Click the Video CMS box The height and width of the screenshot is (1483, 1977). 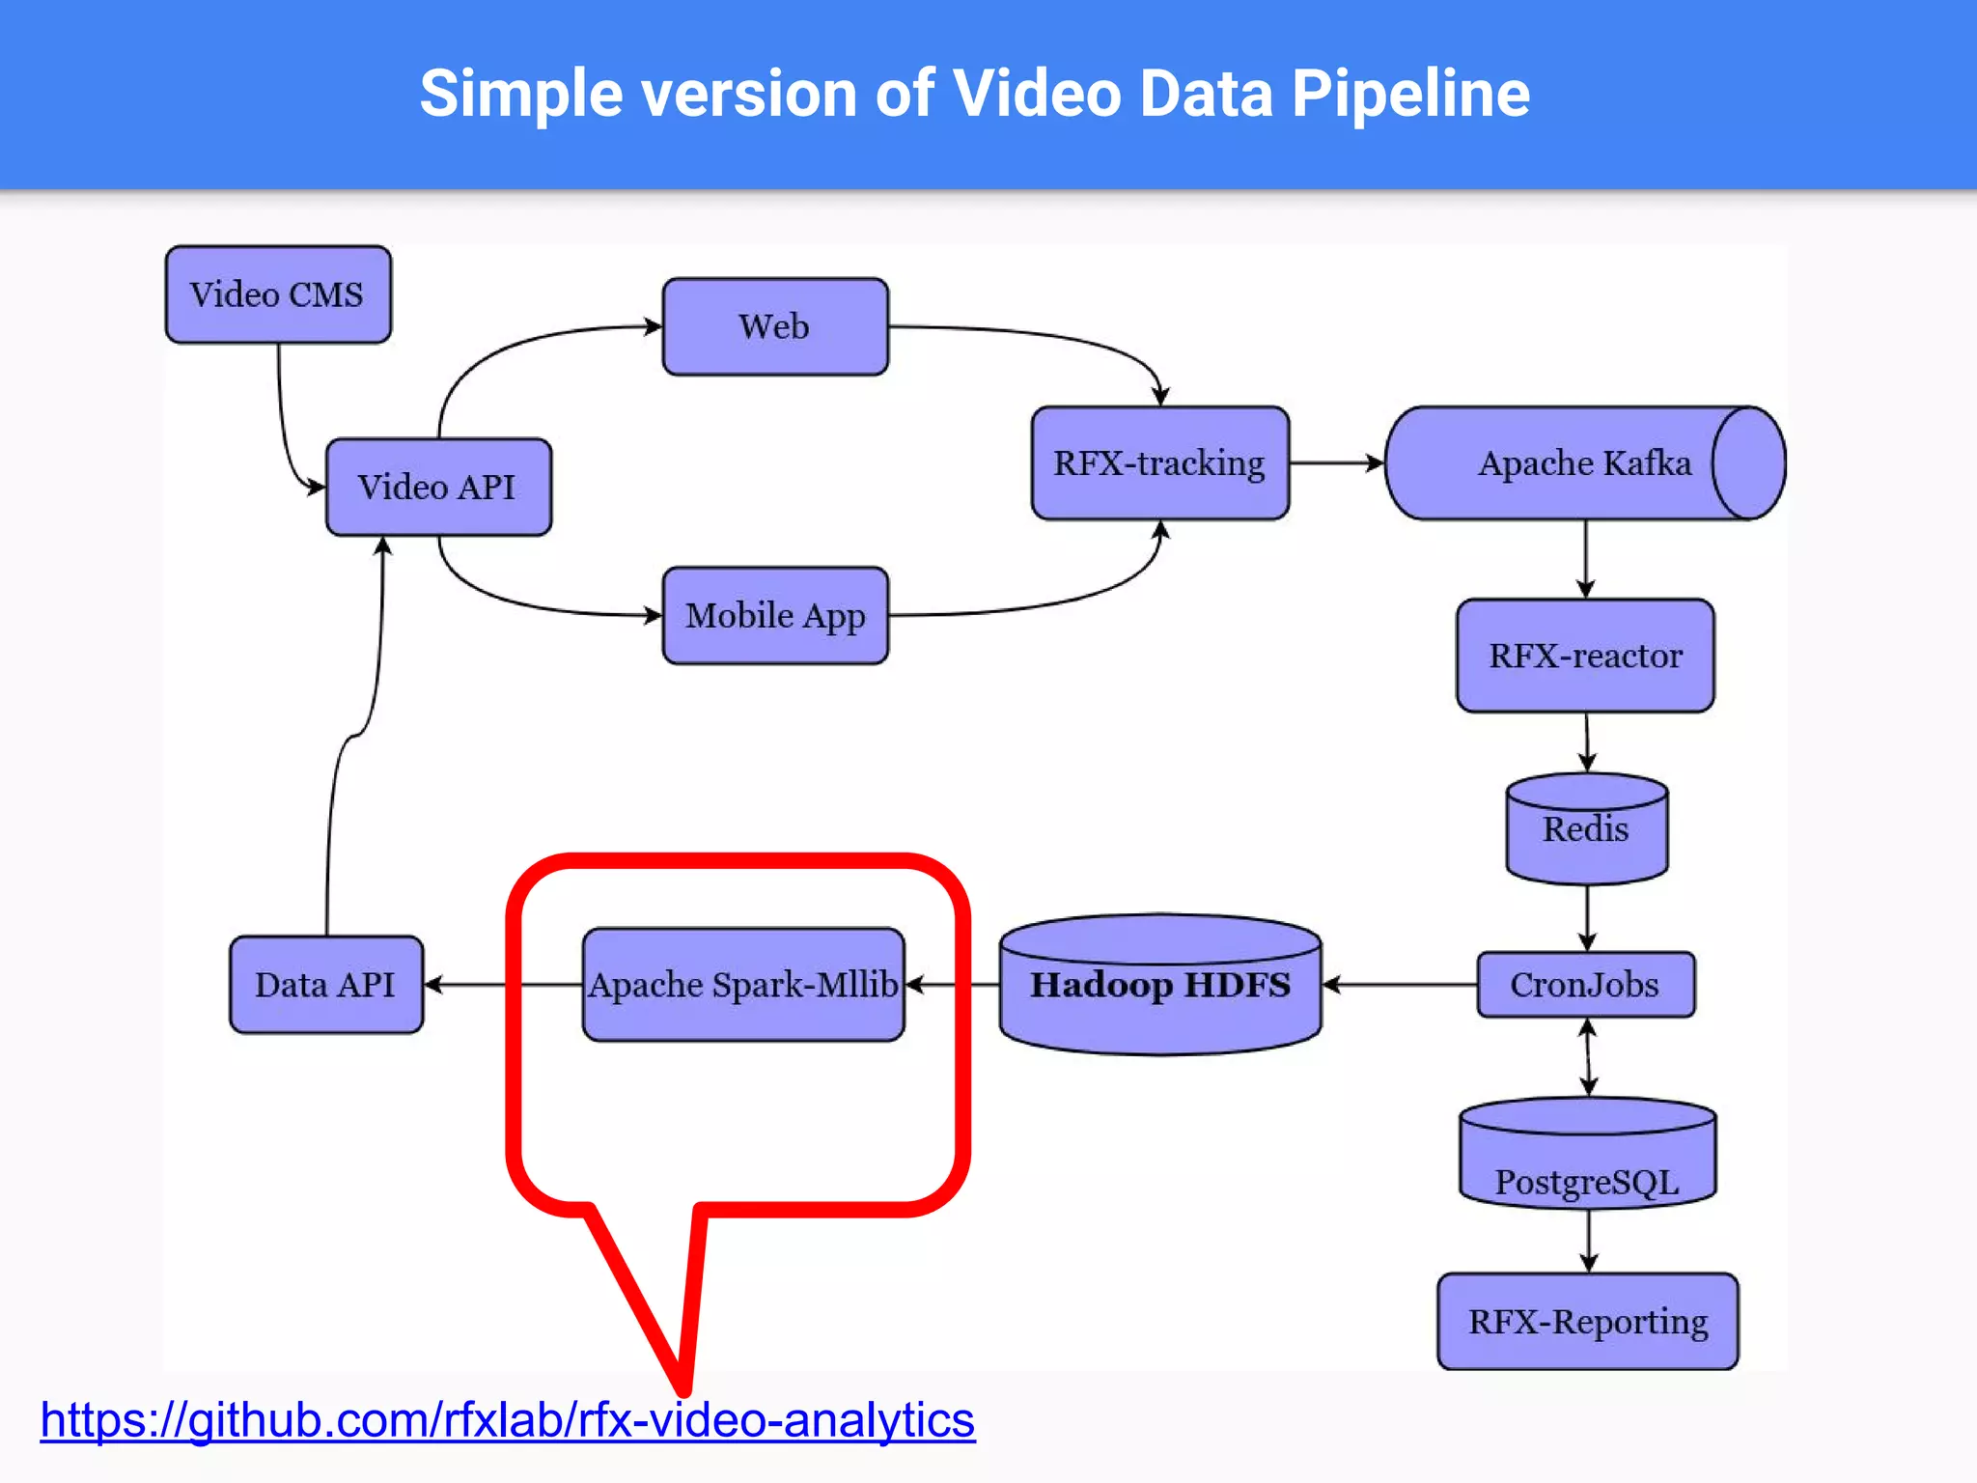click(x=278, y=294)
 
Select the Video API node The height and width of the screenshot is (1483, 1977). click(x=438, y=487)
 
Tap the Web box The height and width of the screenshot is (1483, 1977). click(x=775, y=326)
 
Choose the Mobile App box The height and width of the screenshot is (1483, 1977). click(x=775, y=615)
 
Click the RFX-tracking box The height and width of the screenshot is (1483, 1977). click(x=1159, y=463)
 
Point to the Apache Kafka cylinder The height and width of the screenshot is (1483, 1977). click(x=1583, y=463)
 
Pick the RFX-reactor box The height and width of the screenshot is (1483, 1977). click(x=1585, y=656)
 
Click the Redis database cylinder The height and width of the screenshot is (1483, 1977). click(x=1586, y=829)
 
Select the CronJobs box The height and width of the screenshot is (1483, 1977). click(x=1585, y=985)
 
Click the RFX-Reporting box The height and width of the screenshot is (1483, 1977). click(x=1587, y=1321)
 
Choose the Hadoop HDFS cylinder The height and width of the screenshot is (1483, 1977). click(x=1159, y=985)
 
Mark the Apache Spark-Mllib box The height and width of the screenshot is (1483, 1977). click(x=743, y=985)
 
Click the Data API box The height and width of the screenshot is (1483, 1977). click(x=325, y=985)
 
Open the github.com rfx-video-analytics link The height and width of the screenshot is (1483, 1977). click(x=508, y=1420)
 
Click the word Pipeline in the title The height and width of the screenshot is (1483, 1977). click(x=1410, y=94)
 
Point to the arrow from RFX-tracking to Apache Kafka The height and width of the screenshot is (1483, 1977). click(x=1336, y=463)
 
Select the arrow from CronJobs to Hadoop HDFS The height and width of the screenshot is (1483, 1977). click(x=1400, y=985)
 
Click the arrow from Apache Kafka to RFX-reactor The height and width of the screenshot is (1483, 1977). click(x=1585, y=560)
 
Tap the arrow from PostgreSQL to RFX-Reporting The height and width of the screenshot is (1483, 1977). click(x=1588, y=1241)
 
